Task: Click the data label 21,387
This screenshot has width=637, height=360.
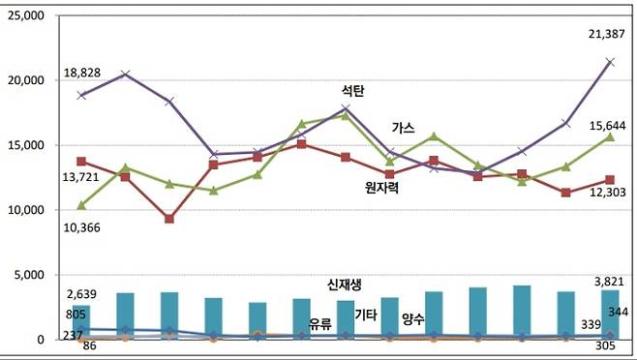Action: [x=606, y=35]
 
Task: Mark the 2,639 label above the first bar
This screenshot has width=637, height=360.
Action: [x=85, y=294]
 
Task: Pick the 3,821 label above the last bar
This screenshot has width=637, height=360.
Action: [x=608, y=283]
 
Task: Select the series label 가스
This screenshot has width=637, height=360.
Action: [x=404, y=128]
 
